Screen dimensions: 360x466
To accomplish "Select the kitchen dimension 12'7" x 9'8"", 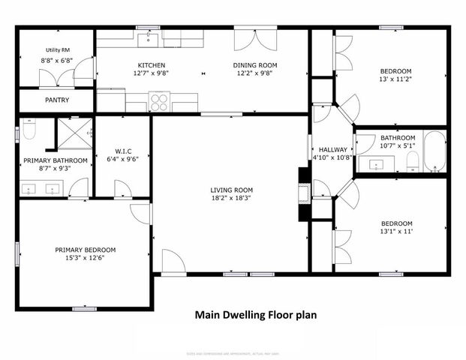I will pyautogui.click(x=151, y=74).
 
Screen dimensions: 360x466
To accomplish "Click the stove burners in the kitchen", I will pyautogui.click(x=160, y=102).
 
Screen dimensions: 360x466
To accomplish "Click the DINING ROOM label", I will pyautogui.click(x=255, y=65).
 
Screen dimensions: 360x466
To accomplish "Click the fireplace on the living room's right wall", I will pyautogui.click(x=303, y=193).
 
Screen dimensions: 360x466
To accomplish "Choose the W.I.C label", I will pyautogui.click(x=123, y=149).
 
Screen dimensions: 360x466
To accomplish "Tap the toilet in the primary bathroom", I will pyautogui.click(x=29, y=130).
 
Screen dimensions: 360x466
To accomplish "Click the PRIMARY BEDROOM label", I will pyautogui.click(x=85, y=250).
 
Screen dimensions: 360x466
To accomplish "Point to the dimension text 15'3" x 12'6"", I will pyautogui.click(x=85, y=259).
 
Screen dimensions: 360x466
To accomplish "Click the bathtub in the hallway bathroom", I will pyautogui.click(x=434, y=153).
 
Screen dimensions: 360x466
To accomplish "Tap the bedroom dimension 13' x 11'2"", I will pyautogui.click(x=396, y=79).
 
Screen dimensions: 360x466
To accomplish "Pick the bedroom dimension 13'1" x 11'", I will pyautogui.click(x=396, y=232).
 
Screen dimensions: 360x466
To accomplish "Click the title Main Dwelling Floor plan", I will pyautogui.click(x=255, y=315).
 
